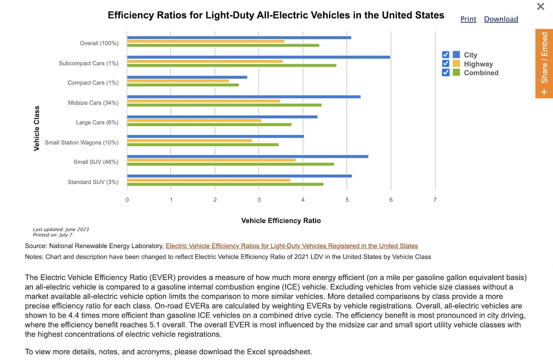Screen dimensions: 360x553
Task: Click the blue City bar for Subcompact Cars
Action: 258,57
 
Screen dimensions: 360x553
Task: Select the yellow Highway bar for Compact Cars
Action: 178,81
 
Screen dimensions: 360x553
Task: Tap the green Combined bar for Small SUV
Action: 230,164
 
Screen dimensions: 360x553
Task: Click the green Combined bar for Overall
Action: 223,45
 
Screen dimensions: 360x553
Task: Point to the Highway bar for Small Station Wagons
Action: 189,141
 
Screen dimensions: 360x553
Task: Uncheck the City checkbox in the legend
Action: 446,55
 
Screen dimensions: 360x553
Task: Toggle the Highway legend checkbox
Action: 446,64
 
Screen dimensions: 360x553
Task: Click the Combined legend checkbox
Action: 446,72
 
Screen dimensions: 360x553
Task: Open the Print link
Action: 468,19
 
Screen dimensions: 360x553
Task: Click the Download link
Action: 501,19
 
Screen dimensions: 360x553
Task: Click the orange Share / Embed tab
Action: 544,64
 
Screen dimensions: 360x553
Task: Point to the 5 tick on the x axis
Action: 347,200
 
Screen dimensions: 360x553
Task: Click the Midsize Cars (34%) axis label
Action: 93,103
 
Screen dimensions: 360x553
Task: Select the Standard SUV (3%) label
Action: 93,182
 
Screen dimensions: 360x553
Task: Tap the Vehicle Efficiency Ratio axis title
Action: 281,221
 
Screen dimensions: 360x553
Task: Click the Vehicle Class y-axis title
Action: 36,128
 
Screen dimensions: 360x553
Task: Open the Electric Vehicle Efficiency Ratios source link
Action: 292,246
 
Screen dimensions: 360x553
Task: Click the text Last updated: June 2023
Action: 61,229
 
